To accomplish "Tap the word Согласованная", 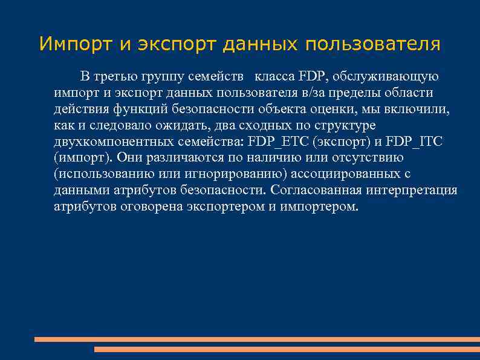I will (x=317, y=191).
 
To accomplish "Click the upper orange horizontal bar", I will (x=257, y=339).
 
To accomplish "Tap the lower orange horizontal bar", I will (x=287, y=350).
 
